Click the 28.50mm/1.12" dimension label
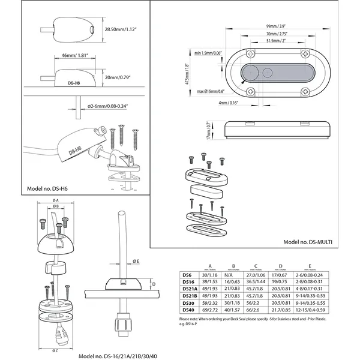tap(123, 28)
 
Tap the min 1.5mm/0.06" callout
tap(203, 53)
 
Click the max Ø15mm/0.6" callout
tap(204, 91)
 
